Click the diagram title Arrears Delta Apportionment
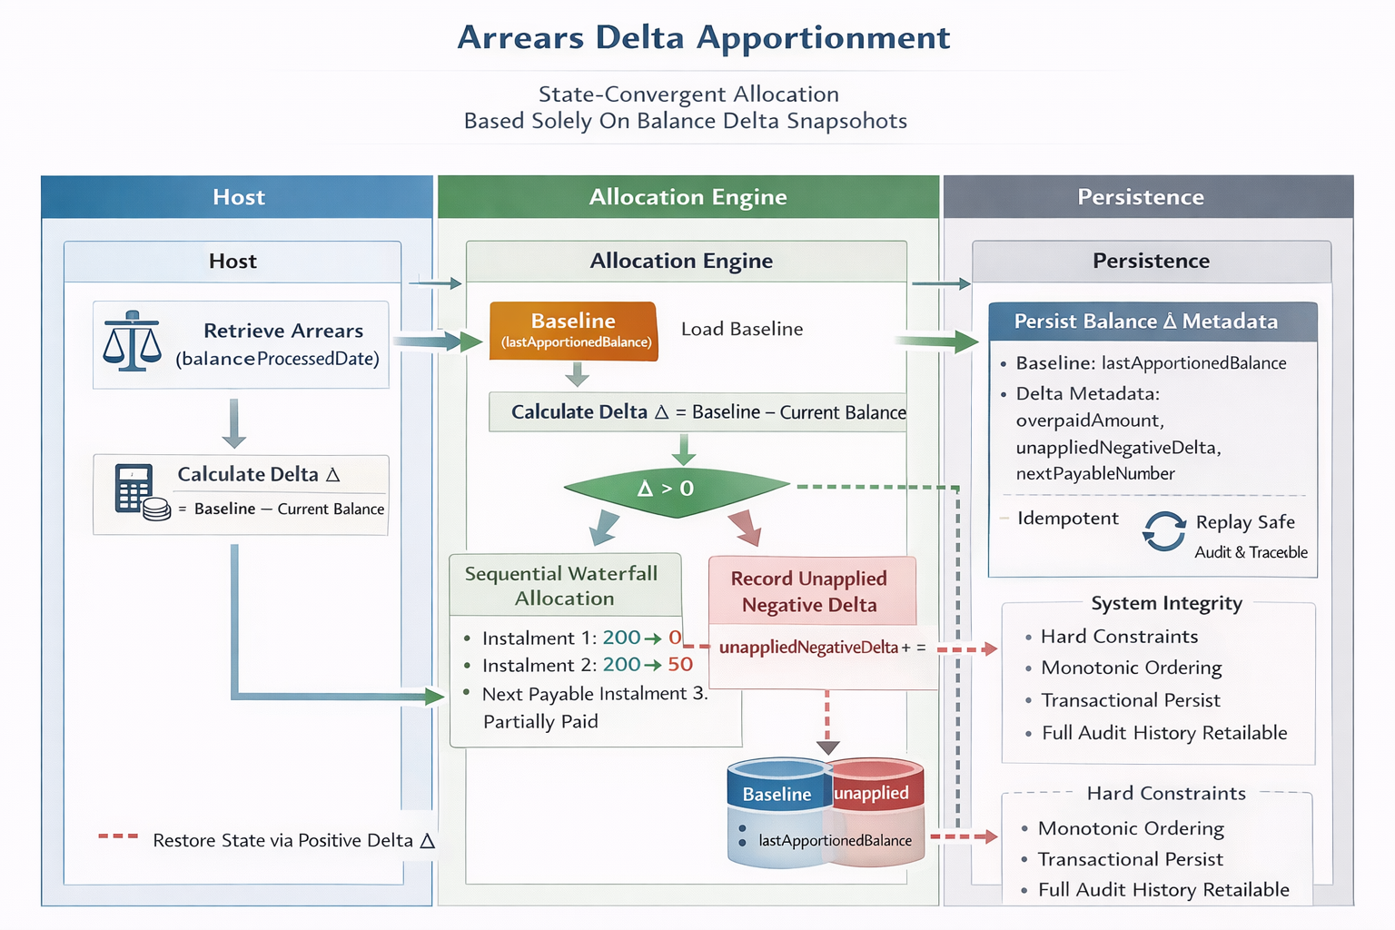[704, 38]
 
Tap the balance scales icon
[132, 342]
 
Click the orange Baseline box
[573, 331]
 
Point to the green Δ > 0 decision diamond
[677, 490]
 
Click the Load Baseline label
[742, 329]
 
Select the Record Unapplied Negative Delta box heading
[809, 591]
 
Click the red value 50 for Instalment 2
[680, 665]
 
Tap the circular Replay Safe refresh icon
[1164, 532]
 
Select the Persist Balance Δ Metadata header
[1146, 322]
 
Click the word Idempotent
[1068, 519]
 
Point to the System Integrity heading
[1166, 603]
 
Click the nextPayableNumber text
[1095, 473]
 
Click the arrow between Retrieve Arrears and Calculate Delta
[234, 423]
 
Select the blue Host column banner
[238, 197]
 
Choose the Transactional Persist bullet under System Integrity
[1130, 700]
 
